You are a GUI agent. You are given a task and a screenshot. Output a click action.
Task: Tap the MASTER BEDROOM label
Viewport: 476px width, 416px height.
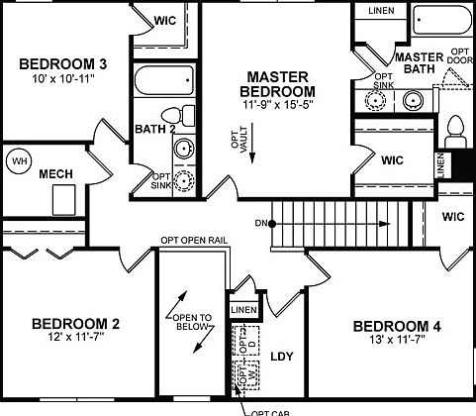[x=278, y=86]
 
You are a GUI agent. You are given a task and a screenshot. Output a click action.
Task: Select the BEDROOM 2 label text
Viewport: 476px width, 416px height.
[x=75, y=323]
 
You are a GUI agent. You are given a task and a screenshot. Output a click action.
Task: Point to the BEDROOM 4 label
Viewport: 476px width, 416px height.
[x=389, y=327]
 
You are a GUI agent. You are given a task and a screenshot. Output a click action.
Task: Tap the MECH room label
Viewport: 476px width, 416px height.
[x=56, y=175]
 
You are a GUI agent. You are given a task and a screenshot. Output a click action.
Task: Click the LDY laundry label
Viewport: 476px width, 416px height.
[x=282, y=357]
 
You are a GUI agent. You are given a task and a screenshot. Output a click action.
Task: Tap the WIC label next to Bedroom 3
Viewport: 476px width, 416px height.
[x=165, y=21]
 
